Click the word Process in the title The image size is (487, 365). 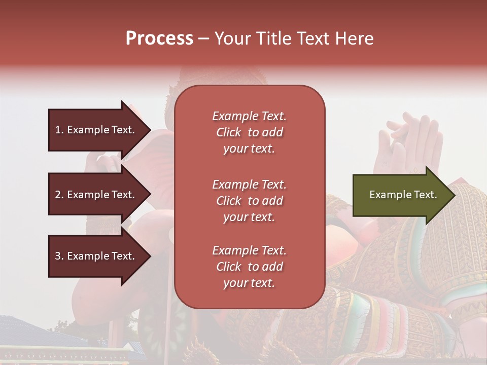coord(159,39)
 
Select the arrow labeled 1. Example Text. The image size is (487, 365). coord(96,130)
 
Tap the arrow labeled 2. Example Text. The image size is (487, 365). coord(96,195)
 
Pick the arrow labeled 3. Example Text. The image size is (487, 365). coord(96,256)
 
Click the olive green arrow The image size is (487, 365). coord(401,195)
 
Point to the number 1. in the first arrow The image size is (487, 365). coord(59,130)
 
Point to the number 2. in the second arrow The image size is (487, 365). coord(59,195)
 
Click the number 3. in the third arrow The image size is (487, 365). coord(59,256)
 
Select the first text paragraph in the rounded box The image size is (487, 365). coord(249,132)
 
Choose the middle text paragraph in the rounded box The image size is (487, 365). coord(249,201)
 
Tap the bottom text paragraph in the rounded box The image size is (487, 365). coord(249,267)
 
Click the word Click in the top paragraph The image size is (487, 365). coord(229,132)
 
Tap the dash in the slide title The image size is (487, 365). coord(204,39)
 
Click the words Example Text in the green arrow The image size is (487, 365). coord(403,195)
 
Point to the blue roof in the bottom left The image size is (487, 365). coord(30,330)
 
